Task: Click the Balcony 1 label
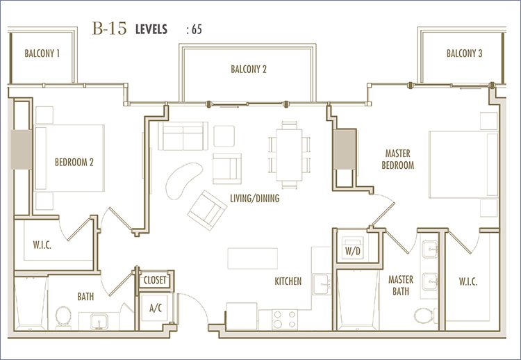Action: (x=42, y=54)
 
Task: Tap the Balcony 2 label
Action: (x=249, y=69)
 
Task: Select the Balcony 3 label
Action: (x=464, y=54)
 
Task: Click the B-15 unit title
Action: (x=109, y=28)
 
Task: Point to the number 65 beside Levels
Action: (x=197, y=30)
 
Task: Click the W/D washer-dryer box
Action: (x=352, y=247)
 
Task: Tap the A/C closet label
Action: (x=156, y=308)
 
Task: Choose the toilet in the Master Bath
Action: (x=424, y=315)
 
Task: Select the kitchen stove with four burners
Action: (x=285, y=320)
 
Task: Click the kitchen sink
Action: (x=322, y=284)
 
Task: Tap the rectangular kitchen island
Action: (x=253, y=259)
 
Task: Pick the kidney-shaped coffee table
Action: (x=183, y=180)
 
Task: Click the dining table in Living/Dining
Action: (x=289, y=155)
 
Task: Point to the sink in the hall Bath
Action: (x=99, y=321)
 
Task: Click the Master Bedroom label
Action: (x=398, y=159)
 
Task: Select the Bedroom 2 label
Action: (x=74, y=162)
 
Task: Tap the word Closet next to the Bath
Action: (x=155, y=280)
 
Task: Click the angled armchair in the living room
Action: (x=207, y=210)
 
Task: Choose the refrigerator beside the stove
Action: (x=242, y=316)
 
